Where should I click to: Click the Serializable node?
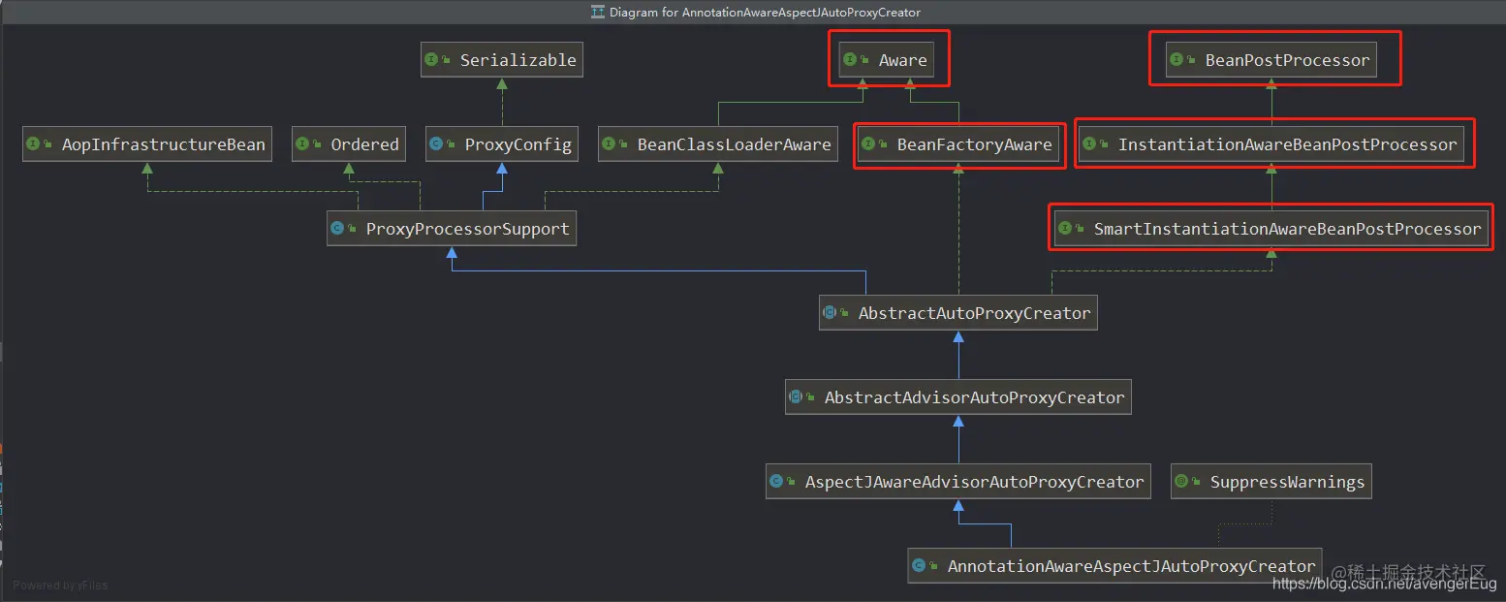pyautogui.click(x=502, y=60)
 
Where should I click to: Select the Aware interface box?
pyautogui.click(x=887, y=60)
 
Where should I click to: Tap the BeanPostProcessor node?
pyautogui.click(x=1271, y=60)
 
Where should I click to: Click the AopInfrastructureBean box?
pyautogui.click(x=147, y=143)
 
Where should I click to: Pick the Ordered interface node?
pyautogui.click(x=349, y=143)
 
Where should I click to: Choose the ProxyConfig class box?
pyautogui.click(x=502, y=143)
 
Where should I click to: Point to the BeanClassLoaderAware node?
pyautogui.click(x=718, y=143)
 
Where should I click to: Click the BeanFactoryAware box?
pyautogui.click(x=958, y=143)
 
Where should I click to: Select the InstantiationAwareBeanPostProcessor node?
pyautogui.click(x=1271, y=143)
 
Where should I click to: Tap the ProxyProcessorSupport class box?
pyautogui.click(x=452, y=229)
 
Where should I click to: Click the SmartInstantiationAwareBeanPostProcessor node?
pyautogui.click(x=1271, y=229)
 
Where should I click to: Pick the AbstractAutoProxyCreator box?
pyautogui.click(x=958, y=313)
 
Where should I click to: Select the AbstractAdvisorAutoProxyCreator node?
pyautogui.click(x=958, y=396)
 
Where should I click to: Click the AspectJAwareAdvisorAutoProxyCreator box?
pyautogui.click(x=958, y=482)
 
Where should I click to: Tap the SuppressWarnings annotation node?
pyautogui.click(x=1271, y=482)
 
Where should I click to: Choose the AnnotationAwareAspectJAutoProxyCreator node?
pyautogui.click(x=1114, y=566)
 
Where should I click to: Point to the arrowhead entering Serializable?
pyautogui.click(x=502, y=84)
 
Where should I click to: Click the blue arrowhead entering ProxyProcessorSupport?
pyautogui.click(x=452, y=252)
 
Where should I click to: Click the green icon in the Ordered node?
pyautogui.click(x=302, y=143)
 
